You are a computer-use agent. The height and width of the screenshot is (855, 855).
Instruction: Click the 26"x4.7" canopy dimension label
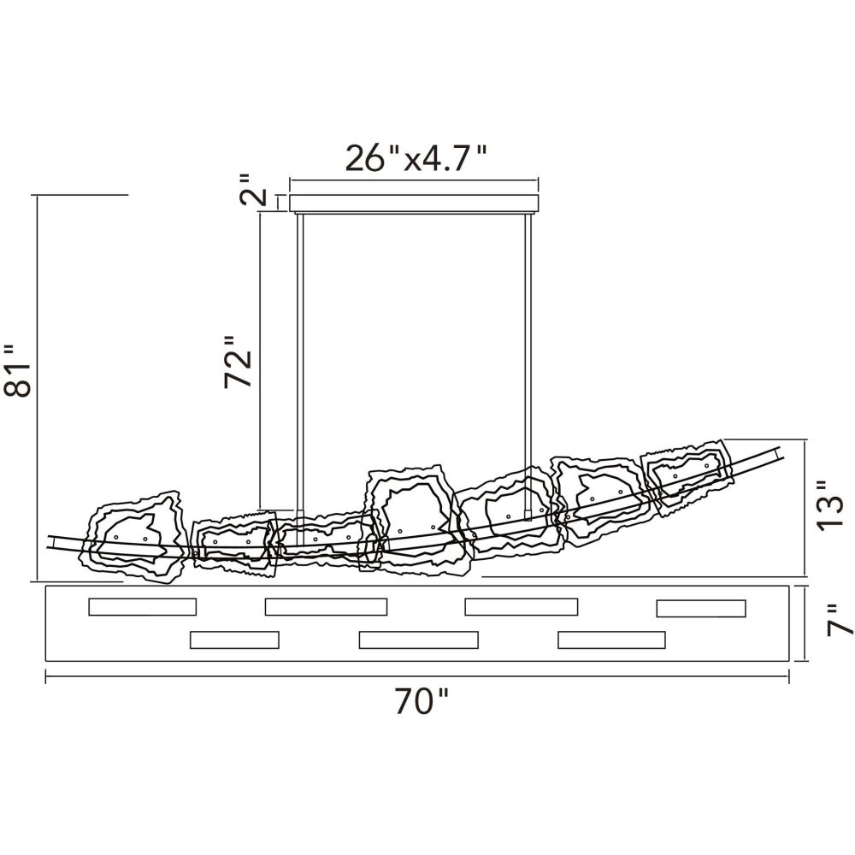(416, 159)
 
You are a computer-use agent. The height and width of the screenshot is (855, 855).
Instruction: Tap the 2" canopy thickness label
(254, 191)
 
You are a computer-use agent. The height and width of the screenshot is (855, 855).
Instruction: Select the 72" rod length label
(239, 362)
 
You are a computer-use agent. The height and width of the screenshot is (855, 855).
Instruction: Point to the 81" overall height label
(17, 370)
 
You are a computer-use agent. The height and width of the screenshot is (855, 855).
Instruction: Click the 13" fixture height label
(830, 505)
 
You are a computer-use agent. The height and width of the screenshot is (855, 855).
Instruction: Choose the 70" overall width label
(422, 702)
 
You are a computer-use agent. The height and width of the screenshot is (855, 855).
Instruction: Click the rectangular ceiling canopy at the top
(415, 203)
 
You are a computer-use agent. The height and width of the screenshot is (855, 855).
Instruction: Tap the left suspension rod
(300, 364)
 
